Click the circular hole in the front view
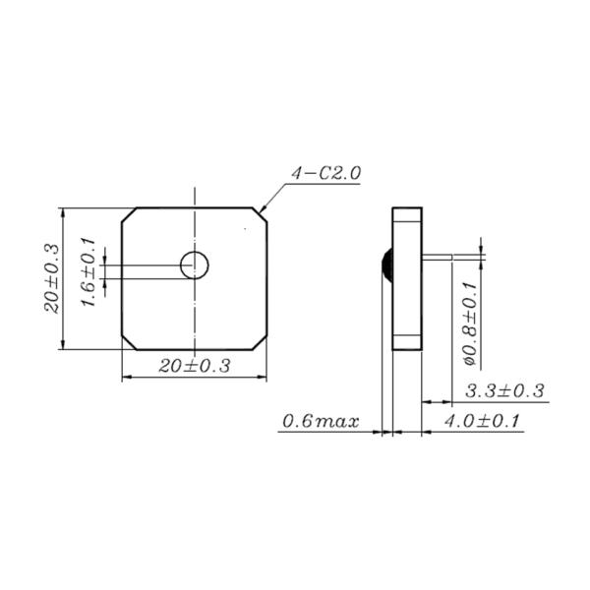194,264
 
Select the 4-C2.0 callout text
325,173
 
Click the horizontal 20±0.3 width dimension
194,366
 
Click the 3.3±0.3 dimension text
503,390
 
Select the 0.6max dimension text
320,422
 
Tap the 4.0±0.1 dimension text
482,422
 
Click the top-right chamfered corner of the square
262,213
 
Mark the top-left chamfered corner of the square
127,213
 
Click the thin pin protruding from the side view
449,258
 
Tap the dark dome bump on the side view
386,264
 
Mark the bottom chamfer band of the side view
407,343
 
